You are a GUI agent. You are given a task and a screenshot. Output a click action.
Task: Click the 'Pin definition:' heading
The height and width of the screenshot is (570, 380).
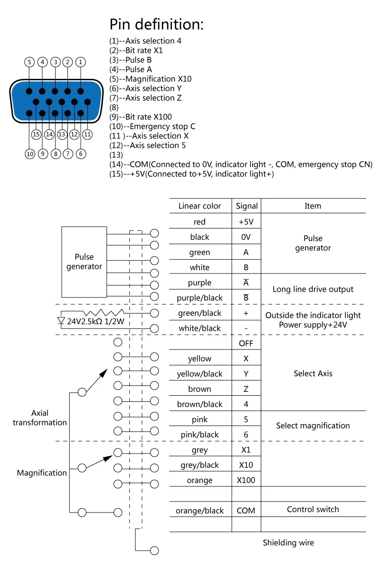pos(156,24)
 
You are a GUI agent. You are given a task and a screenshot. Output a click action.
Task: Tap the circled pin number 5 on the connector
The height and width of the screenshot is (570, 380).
pos(29,62)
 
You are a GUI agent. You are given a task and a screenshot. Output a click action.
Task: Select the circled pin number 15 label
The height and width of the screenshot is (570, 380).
pos(37,134)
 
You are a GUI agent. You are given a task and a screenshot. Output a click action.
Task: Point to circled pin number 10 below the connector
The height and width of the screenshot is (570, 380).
pos(29,153)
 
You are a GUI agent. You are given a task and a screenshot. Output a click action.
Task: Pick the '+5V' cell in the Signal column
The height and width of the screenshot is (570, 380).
pos(246,222)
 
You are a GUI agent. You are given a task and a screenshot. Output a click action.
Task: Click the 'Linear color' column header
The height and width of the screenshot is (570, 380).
pos(199,206)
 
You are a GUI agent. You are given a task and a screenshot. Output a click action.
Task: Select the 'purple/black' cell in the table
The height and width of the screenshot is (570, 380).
pos(199,298)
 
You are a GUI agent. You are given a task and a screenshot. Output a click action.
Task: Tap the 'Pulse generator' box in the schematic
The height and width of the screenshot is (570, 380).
pos(84,262)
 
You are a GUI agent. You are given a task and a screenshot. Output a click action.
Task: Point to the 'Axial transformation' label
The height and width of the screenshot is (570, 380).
pos(40,418)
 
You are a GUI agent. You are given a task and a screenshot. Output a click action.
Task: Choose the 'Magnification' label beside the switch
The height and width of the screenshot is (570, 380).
pos(42,473)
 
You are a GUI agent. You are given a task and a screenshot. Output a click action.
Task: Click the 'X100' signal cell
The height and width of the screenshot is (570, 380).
pos(246,480)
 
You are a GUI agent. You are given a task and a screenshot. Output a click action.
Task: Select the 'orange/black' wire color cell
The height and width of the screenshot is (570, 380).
pos(199,511)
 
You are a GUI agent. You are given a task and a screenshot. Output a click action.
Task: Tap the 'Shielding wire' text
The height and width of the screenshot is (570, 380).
pos(288,542)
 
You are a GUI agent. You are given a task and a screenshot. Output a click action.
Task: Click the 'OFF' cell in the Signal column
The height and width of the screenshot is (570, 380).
pos(246,343)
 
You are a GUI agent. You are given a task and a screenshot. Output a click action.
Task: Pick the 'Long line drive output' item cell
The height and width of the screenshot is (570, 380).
pos(313,289)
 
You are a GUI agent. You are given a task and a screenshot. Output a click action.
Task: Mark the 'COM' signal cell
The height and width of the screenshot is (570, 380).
pos(246,511)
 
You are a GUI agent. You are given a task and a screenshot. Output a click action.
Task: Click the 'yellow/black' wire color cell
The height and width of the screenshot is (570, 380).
pos(199,374)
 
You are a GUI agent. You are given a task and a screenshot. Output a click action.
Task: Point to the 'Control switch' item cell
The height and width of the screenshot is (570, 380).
pos(313,509)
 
